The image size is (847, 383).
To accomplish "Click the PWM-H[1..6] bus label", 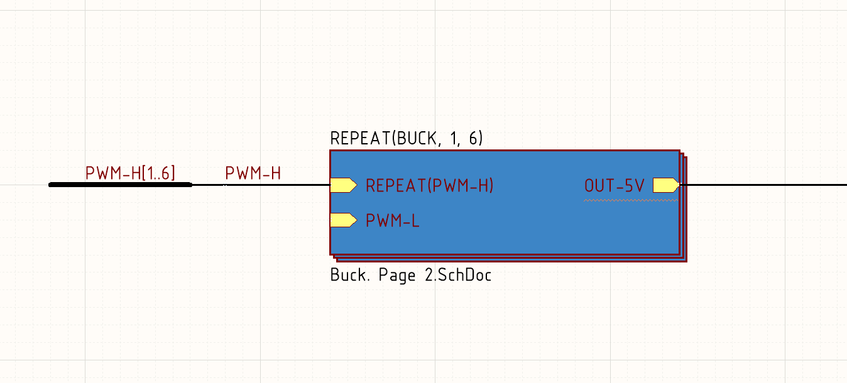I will click(x=130, y=173).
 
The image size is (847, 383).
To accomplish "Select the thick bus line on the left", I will click(x=119, y=185).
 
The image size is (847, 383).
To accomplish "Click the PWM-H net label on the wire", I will click(x=253, y=173).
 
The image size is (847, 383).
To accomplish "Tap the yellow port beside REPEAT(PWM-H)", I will click(x=343, y=185).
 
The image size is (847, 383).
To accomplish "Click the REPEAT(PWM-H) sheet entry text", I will click(x=430, y=186).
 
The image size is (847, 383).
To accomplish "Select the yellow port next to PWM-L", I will click(x=343, y=220).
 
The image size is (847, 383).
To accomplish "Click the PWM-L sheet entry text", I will click(x=393, y=221).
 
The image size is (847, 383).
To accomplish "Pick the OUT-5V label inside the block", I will click(x=614, y=186).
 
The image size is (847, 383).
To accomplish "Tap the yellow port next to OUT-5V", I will click(x=665, y=185).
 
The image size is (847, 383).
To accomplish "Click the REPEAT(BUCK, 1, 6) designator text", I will click(x=406, y=139).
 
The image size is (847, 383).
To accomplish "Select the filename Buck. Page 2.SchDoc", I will click(x=410, y=275).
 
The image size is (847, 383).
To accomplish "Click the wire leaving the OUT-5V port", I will click(x=767, y=185).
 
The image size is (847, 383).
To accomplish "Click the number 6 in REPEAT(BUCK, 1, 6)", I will click(x=473, y=139).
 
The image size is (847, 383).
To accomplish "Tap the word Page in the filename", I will click(x=397, y=275).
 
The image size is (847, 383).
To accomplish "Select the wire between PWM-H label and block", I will click(x=276, y=185).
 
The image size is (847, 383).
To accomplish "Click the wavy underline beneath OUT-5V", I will click(x=614, y=200).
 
